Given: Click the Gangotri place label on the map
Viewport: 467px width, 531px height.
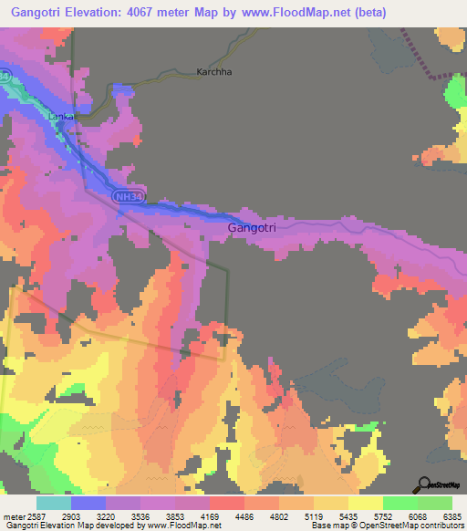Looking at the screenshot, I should pyautogui.click(x=251, y=227).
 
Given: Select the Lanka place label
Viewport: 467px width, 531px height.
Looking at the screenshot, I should pyautogui.click(x=60, y=116).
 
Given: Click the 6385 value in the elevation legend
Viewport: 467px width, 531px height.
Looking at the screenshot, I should pyautogui.click(x=452, y=516).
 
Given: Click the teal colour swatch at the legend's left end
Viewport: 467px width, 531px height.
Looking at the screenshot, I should pyautogui.click(x=54, y=502).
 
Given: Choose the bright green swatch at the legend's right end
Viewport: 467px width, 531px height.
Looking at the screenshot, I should pyautogui.click(x=435, y=502).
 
